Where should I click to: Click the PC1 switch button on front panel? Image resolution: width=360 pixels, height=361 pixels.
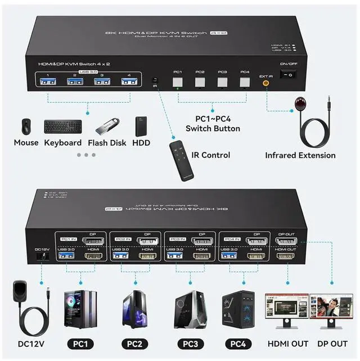(178, 82)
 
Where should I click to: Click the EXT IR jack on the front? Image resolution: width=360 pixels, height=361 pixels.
(265, 82)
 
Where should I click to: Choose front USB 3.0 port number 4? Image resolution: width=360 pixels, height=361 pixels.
(130, 83)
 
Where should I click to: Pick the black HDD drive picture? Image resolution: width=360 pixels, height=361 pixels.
(141, 127)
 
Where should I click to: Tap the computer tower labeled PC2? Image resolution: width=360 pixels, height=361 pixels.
(135, 309)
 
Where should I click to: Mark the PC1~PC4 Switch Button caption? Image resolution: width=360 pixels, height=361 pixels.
(213, 124)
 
